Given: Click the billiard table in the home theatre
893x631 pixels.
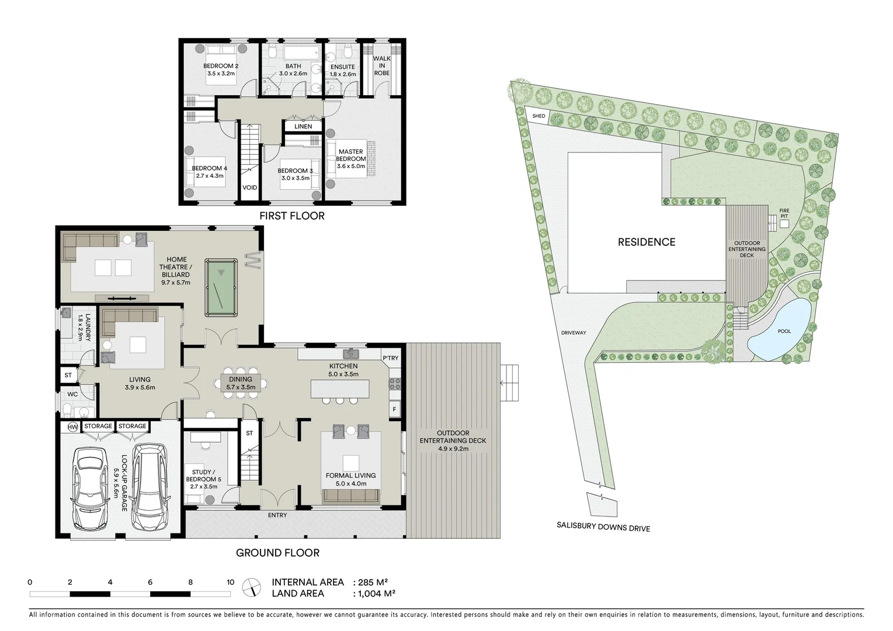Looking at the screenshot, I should [x=221, y=288].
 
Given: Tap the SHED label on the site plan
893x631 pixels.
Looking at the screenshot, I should [x=538, y=116].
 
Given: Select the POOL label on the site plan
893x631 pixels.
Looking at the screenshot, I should [x=784, y=331].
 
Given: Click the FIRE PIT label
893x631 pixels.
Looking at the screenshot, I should [x=784, y=213].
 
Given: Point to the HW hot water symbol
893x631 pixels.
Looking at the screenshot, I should [x=72, y=427].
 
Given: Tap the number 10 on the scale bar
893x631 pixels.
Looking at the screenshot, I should [x=230, y=582].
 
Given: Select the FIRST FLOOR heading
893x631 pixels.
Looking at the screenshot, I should [x=292, y=216].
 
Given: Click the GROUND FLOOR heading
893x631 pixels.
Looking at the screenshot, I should [x=277, y=553].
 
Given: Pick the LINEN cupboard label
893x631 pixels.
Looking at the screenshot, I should [x=303, y=126].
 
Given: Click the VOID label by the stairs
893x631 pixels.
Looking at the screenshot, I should [x=249, y=188].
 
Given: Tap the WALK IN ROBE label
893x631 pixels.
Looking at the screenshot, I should [x=381, y=65].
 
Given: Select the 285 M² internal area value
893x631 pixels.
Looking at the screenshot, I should [x=374, y=582].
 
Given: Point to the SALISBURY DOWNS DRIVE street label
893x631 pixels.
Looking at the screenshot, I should [x=603, y=528].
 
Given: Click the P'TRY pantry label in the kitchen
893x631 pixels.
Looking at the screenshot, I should [x=390, y=358].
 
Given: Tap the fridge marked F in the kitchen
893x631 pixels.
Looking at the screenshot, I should [x=395, y=410].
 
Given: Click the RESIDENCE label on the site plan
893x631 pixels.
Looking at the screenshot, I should [x=647, y=242].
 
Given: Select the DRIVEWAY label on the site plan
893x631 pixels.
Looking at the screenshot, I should [x=573, y=333].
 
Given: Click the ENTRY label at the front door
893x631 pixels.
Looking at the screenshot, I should [x=277, y=515].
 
